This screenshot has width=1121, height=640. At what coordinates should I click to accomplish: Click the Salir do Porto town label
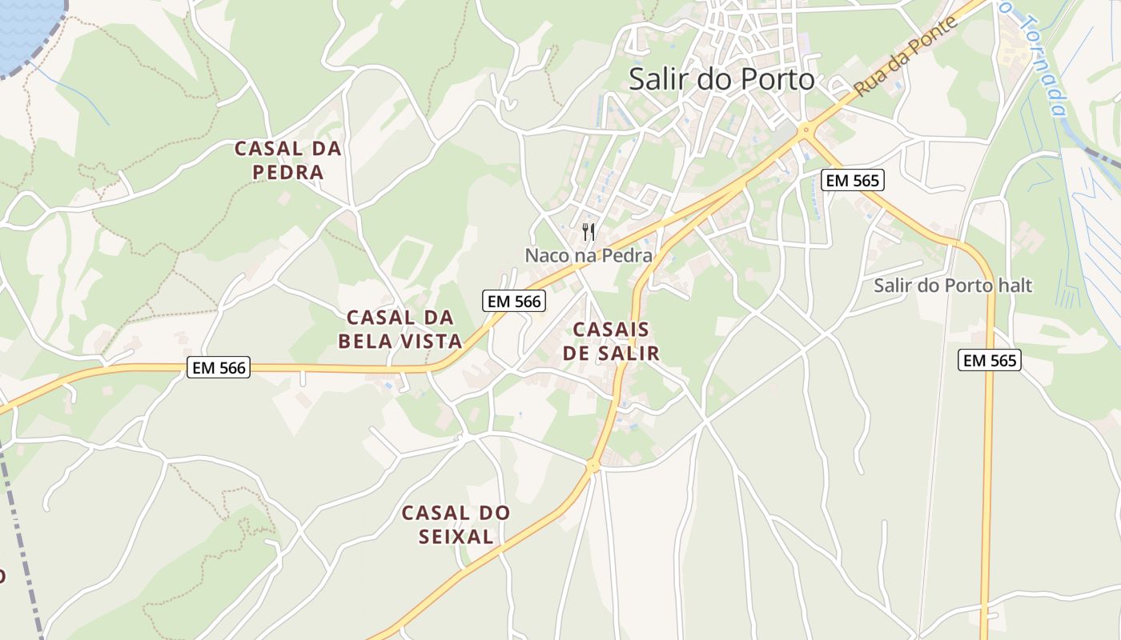pos(721,79)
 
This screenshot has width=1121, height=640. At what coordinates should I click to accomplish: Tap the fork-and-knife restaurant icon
pos(589,233)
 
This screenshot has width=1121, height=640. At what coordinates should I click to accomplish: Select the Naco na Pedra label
pos(589,256)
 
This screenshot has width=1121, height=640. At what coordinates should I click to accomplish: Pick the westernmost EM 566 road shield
pos(219,368)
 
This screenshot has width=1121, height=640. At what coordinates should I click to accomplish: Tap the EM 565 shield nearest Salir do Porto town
pos(853,181)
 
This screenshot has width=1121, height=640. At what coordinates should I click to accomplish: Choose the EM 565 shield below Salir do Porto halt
pos(990,361)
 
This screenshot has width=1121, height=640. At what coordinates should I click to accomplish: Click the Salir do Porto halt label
pos(953,286)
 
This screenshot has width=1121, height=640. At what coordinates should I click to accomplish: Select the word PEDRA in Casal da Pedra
pos(288,172)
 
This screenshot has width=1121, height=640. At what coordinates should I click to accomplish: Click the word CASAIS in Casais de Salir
pos(611,330)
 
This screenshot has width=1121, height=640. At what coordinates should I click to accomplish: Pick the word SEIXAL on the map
pos(456,537)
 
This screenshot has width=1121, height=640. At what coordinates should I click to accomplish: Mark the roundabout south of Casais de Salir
pos(593,465)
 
